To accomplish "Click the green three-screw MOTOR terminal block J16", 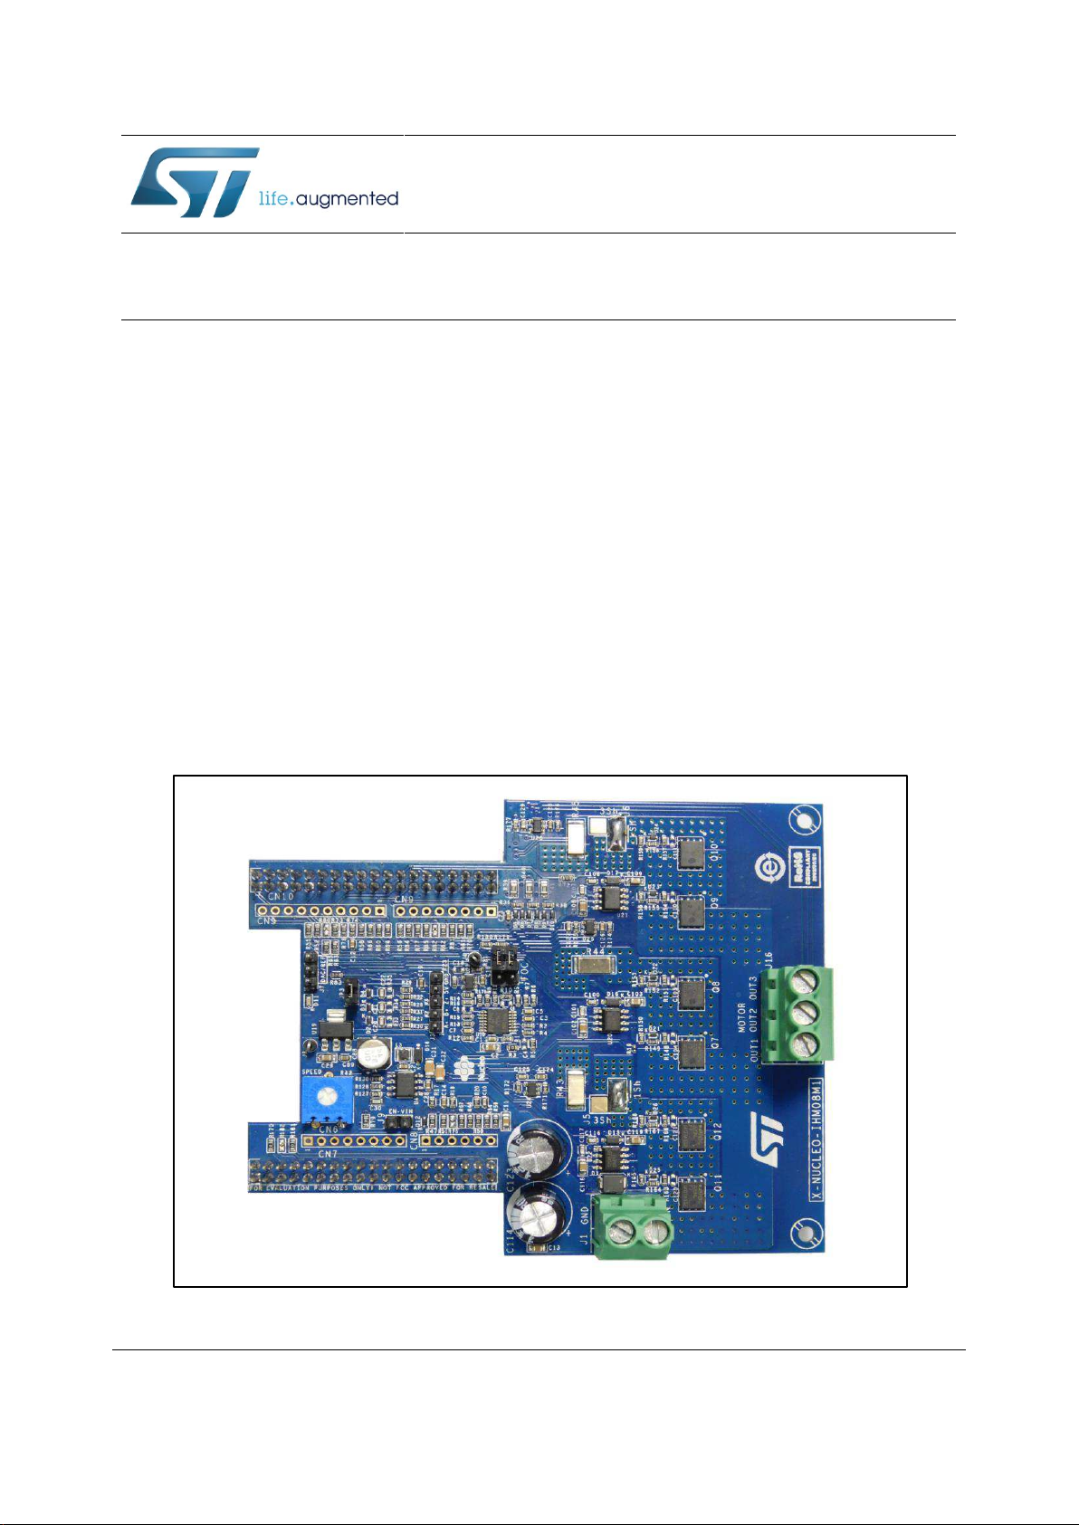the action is tap(797, 1014).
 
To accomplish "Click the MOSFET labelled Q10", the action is tap(692, 850).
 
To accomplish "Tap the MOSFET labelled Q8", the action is tap(692, 994).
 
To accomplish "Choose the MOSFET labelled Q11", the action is tap(692, 1195).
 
